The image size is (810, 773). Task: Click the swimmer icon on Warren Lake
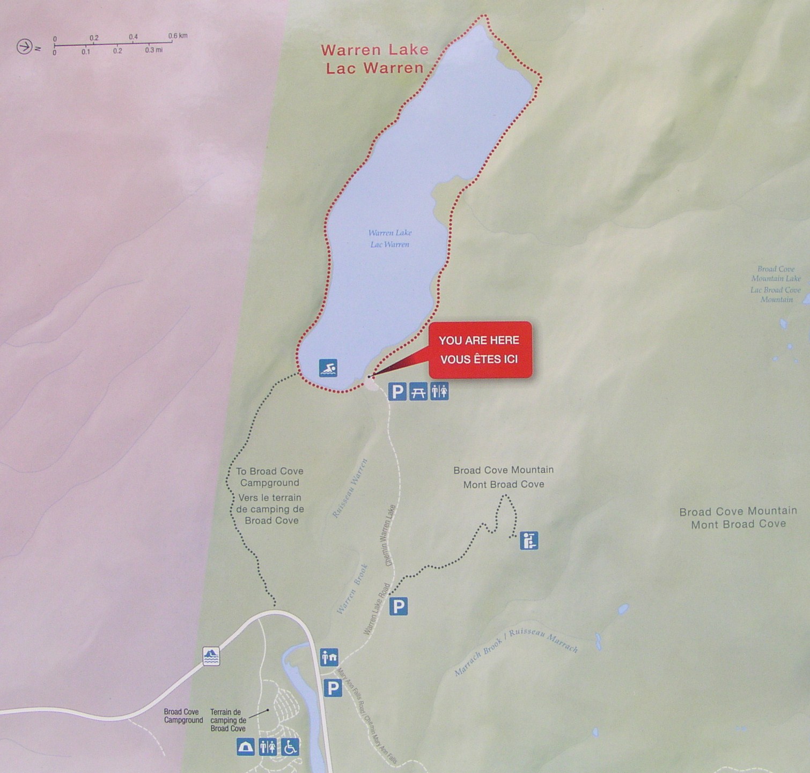[x=328, y=368]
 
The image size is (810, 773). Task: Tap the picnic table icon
[x=418, y=392]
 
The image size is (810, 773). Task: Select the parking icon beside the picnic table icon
[x=397, y=392]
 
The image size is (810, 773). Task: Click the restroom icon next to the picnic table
[x=439, y=392]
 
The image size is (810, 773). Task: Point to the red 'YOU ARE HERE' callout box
[x=480, y=350]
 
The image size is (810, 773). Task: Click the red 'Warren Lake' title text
[x=374, y=50]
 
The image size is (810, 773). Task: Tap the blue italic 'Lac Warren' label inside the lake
[x=390, y=244]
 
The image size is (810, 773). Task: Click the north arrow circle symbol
[x=24, y=47]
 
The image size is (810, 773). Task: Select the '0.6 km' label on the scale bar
[x=178, y=36]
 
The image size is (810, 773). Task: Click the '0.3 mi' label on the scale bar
[x=153, y=50]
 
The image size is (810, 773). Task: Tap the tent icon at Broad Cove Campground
[x=246, y=746]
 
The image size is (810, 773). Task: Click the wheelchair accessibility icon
[x=290, y=746]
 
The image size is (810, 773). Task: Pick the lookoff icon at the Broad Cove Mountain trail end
[x=529, y=540]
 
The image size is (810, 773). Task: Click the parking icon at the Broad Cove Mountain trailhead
[x=398, y=606]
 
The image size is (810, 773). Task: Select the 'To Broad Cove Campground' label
[x=270, y=477]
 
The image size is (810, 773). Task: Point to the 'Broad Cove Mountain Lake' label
[x=776, y=273]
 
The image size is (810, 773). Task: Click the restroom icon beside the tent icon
[x=268, y=746]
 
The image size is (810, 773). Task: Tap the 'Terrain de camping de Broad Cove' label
[x=228, y=720]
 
